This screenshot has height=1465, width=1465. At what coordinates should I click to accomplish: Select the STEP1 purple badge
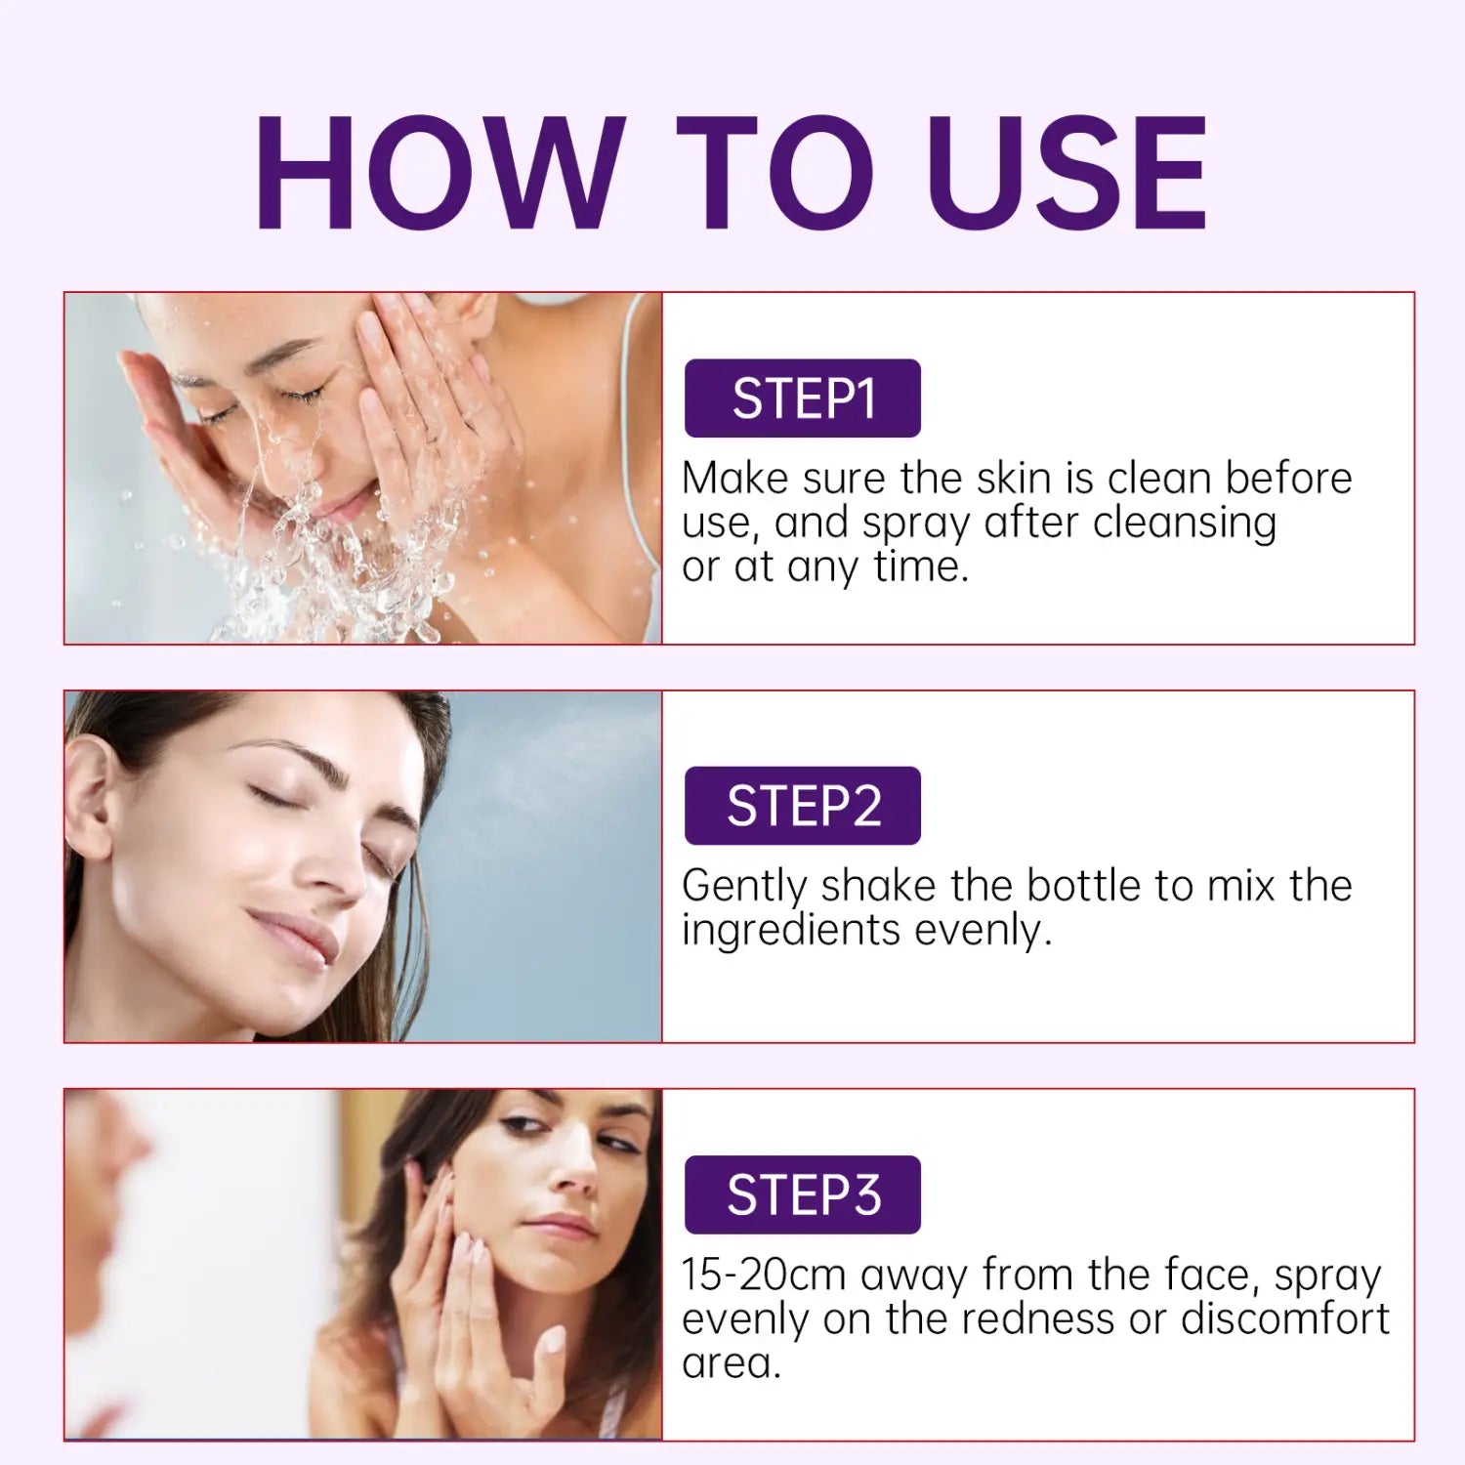click(803, 398)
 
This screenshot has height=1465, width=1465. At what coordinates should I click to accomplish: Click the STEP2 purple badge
click(803, 806)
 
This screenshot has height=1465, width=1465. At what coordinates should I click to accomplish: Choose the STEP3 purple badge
click(803, 1194)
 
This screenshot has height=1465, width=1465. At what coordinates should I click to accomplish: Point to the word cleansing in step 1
click(1184, 523)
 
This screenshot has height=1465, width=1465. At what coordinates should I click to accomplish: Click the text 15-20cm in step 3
click(765, 1275)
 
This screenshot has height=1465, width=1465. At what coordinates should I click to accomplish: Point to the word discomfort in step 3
click(1284, 1318)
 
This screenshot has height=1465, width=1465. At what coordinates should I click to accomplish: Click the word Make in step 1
click(735, 479)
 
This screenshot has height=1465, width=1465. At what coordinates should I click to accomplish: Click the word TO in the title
click(775, 173)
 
